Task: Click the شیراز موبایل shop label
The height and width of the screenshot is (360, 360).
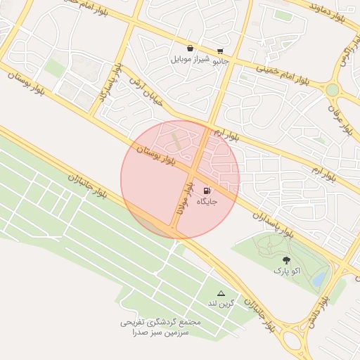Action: (191, 60)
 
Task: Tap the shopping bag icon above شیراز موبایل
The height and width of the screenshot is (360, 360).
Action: (191, 49)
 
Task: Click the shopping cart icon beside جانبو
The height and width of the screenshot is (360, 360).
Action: (220, 51)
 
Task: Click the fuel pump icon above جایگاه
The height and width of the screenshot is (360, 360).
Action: (206, 191)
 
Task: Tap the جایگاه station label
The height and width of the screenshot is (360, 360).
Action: (207, 202)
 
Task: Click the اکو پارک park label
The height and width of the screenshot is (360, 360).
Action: (286, 271)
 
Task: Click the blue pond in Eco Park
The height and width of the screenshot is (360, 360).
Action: (319, 279)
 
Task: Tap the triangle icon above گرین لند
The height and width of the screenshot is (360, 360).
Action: (221, 293)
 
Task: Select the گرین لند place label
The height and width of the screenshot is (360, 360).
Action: (219, 304)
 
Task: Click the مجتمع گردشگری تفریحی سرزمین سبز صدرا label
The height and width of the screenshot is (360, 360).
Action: (160, 327)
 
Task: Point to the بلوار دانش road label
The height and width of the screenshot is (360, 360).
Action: (316, 310)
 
